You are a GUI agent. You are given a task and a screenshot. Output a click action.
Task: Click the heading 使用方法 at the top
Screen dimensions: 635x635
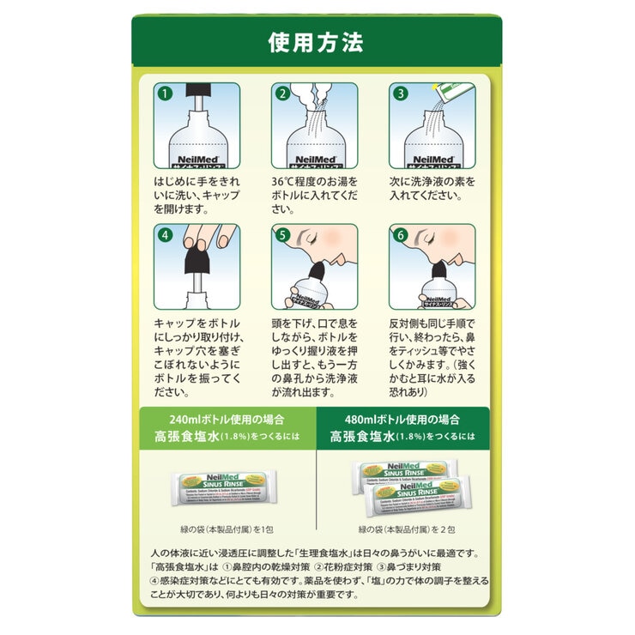click(317, 41)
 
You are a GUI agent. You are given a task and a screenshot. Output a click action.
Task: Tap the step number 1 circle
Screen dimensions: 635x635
click(165, 92)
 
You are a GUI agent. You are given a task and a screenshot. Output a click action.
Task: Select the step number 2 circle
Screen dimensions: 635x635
click(281, 92)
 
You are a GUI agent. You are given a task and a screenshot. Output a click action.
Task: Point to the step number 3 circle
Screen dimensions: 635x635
click(398, 92)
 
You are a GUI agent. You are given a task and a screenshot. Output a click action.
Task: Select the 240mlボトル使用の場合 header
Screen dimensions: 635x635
click(228, 420)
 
